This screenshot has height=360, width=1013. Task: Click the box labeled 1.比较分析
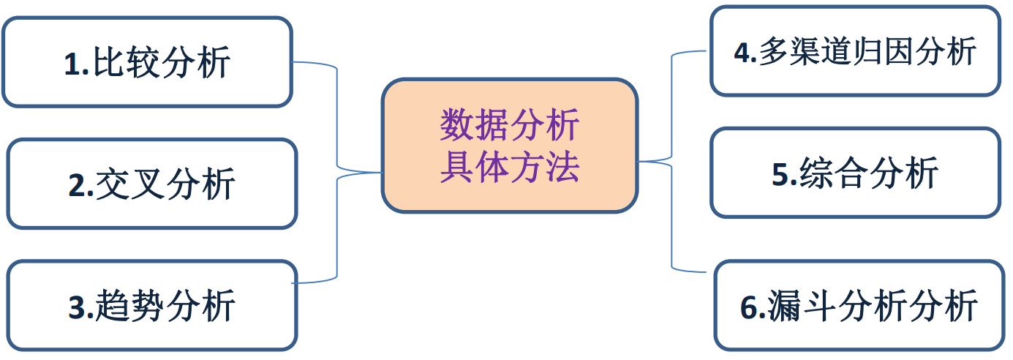point(147,62)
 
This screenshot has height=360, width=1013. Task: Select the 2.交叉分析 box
point(151,184)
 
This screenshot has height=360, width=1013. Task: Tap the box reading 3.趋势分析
point(151,305)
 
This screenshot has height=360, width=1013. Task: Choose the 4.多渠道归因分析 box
point(855,51)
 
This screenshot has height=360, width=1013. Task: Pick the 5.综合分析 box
point(855,173)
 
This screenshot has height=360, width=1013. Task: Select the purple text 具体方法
point(510,167)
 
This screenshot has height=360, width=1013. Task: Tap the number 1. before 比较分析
point(76,64)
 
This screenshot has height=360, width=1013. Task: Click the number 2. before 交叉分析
point(80,185)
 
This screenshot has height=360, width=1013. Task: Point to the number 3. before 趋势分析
point(80,307)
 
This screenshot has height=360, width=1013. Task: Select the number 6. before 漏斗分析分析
point(753,307)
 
